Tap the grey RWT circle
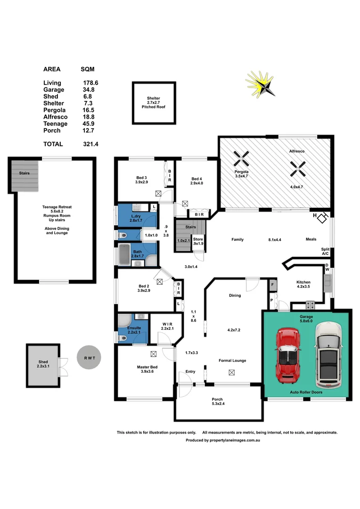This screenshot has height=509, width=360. (90, 358)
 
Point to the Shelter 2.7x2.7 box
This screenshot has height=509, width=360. (154, 103)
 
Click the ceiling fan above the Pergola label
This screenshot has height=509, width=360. (241, 158)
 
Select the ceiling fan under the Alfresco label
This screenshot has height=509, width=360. (298, 165)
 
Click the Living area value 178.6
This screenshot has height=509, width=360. (90, 82)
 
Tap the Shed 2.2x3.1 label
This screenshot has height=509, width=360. (43, 364)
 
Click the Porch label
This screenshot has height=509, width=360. (218, 401)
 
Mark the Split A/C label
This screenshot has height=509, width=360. (325, 251)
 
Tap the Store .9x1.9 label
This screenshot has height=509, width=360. (198, 241)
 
